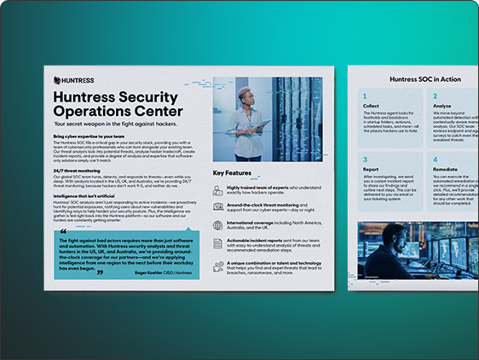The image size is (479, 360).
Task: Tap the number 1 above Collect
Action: (x=364, y=96)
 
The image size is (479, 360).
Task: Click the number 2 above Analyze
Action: (x=437, y=96)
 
